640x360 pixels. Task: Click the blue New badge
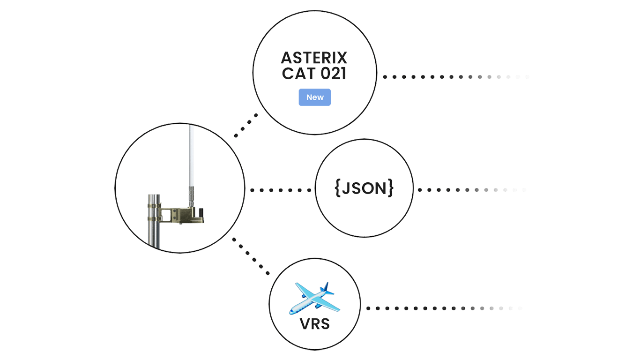[x=314, y=97]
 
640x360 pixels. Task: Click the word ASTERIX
[x=314, y=59]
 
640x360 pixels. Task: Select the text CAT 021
[x=314, y=74]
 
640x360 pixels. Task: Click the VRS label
[x=314, y=324]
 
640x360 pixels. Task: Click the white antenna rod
[x=192, y=155]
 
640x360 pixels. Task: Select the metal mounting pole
[x=154, y=225]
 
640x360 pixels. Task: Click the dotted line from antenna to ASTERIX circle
[x=246, y=126]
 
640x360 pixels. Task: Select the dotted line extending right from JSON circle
[x=471, y=190]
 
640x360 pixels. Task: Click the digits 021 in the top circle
[x=333, y=74]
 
